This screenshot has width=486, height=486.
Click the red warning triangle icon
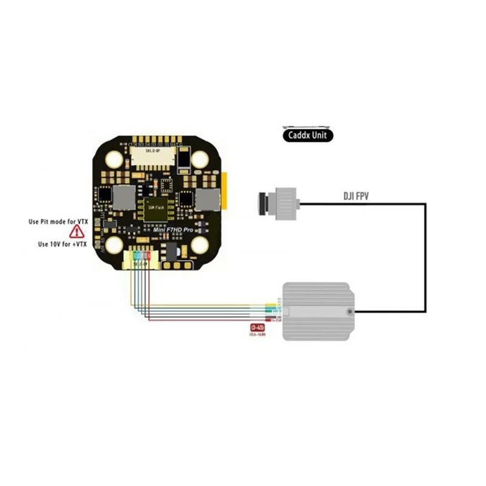point(77,231)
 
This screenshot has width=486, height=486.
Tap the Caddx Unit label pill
point(308,135)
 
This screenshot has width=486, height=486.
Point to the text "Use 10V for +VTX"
point(63,244)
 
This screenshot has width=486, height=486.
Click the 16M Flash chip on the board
point(156,207)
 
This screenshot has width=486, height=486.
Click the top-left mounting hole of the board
point(114,159)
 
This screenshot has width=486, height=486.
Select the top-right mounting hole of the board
point(199,159)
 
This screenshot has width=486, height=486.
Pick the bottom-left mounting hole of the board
point(114,245)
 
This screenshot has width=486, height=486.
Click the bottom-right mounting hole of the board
point(199,245)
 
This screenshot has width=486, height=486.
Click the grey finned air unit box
point(319,311)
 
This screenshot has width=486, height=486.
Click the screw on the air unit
point(351,312)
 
